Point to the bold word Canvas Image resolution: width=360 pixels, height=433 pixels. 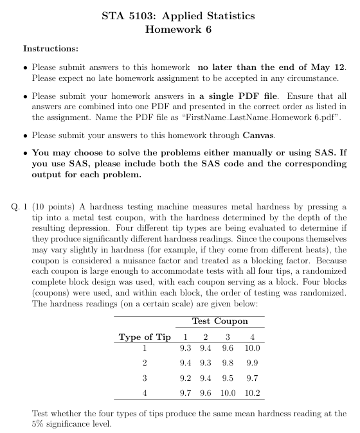pos(260,136)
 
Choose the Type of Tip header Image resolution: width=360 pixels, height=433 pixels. pos(145,337)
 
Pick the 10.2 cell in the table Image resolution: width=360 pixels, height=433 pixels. pos(252,392)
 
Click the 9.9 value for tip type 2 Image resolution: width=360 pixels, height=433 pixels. pos(252,363)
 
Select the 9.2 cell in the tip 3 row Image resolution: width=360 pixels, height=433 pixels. pos(186,378)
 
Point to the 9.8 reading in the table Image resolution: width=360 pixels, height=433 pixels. pos(228,363)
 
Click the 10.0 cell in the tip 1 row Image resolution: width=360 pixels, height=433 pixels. pos(252,348)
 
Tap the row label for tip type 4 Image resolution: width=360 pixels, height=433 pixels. pos(145,392)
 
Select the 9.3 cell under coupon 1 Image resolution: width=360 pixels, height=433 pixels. pos(186,348)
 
